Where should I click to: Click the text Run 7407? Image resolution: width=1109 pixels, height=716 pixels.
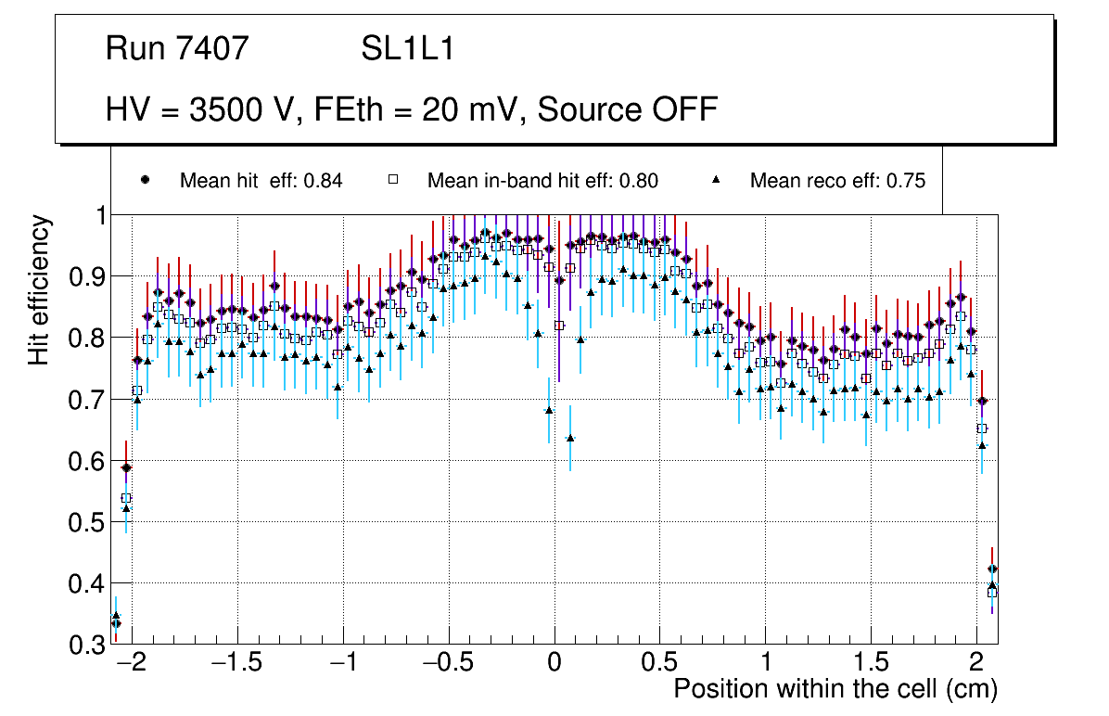pyautogui.click(x=177, y=49)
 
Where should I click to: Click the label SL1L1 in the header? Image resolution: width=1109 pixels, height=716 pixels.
pyautogui.click(x=407, y=49)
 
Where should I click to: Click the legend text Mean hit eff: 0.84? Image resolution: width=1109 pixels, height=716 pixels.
pyautogui.click(x=261, y=181)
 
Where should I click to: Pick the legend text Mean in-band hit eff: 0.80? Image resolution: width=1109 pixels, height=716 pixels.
pyautogui.click(x=542, y=181)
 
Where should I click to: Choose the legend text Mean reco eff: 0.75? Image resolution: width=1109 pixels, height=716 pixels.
pyautogui.click(x=837, y=181)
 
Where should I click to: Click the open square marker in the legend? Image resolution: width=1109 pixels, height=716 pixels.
pyautogui.click(x=392, y=180)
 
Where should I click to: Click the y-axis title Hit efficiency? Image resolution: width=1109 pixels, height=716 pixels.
pyautogui.click(x=39, y=289)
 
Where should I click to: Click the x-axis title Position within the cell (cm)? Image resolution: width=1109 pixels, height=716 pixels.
pyautogui.click(x=835, y=689)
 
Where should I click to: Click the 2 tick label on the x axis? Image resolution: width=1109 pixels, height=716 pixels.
pyautogui.click(x=976, y=664)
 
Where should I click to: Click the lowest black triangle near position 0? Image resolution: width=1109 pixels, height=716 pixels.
pyautogui.click(x=569, y=438)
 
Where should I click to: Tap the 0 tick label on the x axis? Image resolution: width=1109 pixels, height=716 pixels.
pyautogui.click(x=554, y=664)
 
